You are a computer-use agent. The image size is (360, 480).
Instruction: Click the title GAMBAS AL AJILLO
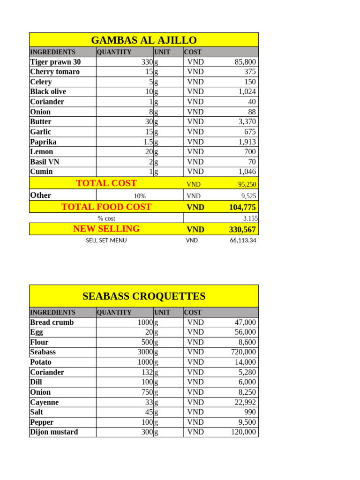click(x=143, y=40)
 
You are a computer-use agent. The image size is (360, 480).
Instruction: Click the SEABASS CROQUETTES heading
click(x=143, y=296)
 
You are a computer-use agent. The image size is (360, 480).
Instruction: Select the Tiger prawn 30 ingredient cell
click(x=55, y=62)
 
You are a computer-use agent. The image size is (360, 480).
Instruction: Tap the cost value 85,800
click(x=245, y=62)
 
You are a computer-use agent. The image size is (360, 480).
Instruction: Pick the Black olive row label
click(x=48, y=92)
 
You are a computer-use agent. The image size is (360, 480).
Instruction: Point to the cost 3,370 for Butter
click(x=247, y=122)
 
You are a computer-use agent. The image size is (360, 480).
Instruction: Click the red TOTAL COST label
click(x=106, y=183)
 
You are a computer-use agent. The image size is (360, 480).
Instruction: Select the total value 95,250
click(x=246, y=185)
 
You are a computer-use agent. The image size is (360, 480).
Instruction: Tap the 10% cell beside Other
click(x=139, y=196)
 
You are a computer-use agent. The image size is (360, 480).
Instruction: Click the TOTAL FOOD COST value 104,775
click(x=242, y=207)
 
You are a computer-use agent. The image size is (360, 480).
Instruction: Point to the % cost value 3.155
click(x=250, y=218)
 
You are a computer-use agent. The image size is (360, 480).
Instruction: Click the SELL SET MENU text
click(x=106, y=240)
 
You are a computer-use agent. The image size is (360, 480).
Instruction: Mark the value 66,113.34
click(x=240, y=240)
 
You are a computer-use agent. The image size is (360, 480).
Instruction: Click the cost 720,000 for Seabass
click(x=243, y=352)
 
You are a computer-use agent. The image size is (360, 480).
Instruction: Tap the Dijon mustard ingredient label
click(x=54, y=432)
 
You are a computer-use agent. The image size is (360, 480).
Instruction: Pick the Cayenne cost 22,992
click(x=245, y=402)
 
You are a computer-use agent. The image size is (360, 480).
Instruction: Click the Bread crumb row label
click(x=52, y=322)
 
